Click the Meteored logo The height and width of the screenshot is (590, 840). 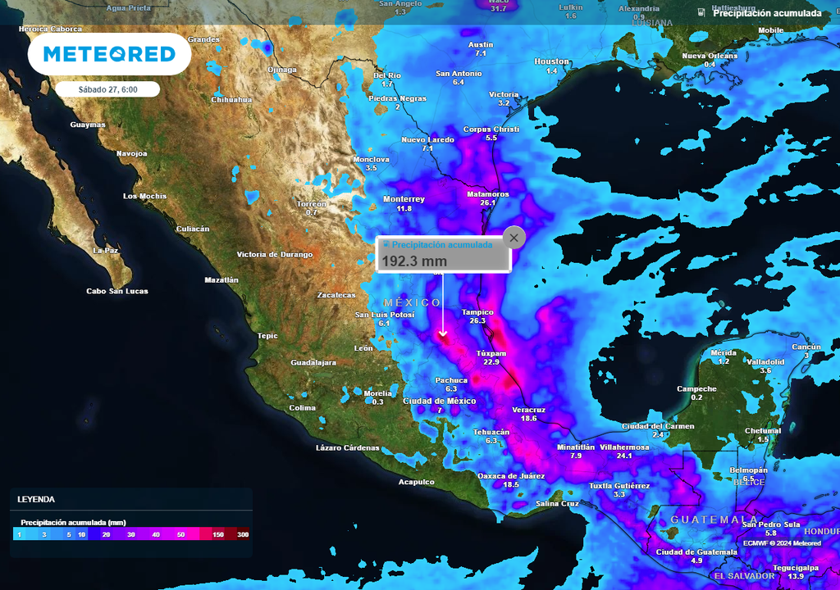[x=109, y=54]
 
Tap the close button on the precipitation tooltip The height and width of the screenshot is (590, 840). [x=514, y=238]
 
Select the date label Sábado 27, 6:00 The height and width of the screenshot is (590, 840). [x=107, y=89]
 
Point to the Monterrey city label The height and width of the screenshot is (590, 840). [x=404, y=199]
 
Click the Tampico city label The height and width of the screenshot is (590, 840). [x=477, y=312]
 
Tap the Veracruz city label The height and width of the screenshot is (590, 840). [x=527, y=410]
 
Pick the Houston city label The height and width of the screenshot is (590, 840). [x=551, y=61]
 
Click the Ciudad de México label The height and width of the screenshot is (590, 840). [x=439, y=401]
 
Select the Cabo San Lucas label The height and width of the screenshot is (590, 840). [x=117, y=291]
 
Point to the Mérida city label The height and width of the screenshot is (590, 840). [x=724, y=352]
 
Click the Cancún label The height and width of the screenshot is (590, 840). [x=806, y=347]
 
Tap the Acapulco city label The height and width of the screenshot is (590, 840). [x=416, y=482]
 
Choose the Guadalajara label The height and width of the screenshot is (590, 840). [x=313, y=362]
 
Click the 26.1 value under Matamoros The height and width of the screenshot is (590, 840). [x=488, y=202]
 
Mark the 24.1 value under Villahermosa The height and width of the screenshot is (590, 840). [x=624, y=456]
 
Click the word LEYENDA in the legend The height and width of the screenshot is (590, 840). [x=36, y=499]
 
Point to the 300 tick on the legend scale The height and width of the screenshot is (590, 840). [x=243, y=534]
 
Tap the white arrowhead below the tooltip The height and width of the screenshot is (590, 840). [x=443, y=334]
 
